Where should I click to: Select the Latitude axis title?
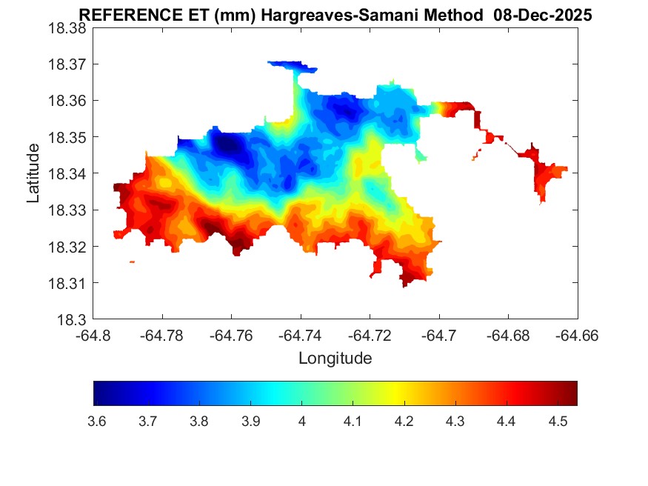(x=33, y=173)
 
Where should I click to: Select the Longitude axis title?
(x=335, y=359)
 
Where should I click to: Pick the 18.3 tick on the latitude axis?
(x=73, y=320)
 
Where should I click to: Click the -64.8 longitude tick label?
(x=94, y=336)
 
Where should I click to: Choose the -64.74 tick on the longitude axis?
(x=301, y=336)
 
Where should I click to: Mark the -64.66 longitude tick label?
(x=577, y=336)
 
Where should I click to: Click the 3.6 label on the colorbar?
(x=96, y=422)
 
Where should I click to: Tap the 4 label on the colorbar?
(x=301, y=422)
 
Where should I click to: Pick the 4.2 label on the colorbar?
(x=404, y=422)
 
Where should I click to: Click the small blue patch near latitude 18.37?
(x=293, y=67)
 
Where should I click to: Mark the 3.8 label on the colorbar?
(x=198, y=422)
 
